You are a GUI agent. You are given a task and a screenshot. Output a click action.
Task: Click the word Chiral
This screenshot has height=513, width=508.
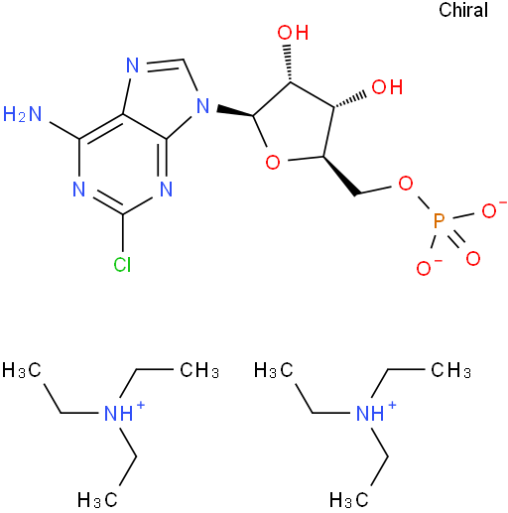tap(463, 10)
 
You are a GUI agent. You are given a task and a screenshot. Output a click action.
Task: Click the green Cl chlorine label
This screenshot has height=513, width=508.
tap(122, 264)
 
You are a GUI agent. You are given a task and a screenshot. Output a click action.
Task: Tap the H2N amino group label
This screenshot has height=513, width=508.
tap(23, 114)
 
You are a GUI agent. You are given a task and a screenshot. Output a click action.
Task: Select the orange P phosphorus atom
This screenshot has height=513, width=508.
tap(439, 220)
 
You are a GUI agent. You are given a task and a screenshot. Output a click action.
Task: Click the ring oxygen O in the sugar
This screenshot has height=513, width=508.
tap(273, 163)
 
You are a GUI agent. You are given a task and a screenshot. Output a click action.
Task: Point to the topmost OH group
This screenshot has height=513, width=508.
tap(293, 33)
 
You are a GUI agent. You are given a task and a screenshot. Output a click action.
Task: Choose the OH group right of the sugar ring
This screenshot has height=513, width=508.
tap(387, 87)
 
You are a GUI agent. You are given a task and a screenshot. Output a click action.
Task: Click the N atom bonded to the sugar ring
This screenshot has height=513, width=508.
tap(202, 106)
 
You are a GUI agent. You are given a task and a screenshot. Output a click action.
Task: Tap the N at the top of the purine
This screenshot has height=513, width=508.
tap(133, 65)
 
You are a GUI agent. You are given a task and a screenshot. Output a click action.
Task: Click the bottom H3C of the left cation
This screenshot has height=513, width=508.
tap(97, 499)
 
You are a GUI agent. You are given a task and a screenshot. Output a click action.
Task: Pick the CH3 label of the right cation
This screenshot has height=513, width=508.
tap(450, 369)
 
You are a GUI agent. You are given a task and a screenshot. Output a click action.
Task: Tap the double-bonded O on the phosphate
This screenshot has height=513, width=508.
tap(473, 258)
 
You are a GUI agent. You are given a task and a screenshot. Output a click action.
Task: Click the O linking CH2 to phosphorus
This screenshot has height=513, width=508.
tap(406, 184)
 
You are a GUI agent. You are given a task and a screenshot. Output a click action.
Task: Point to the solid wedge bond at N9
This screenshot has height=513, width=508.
tap(235, 111)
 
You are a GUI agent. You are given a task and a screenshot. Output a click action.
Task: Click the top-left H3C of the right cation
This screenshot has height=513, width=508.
tap(273, 369)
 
